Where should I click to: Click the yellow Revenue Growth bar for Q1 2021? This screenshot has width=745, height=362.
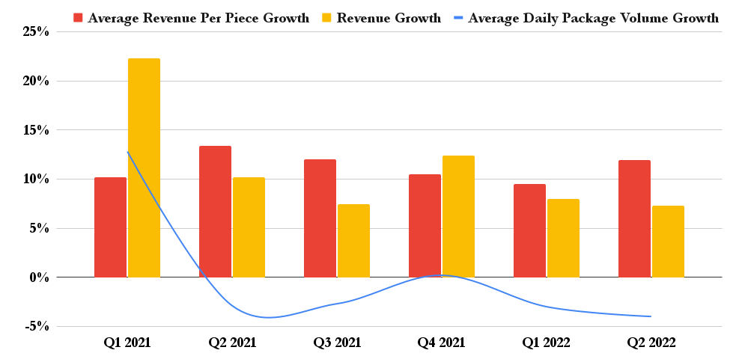point(144,168)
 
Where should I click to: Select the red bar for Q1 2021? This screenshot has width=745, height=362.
point(110,227)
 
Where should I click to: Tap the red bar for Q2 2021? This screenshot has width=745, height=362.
point(215,212)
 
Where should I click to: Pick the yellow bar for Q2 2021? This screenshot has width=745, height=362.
point(249,227)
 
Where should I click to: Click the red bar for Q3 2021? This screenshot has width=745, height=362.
point(320,218)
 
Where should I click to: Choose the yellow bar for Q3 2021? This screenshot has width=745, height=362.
point(353,241)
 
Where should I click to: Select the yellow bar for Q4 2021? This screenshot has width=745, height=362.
point(458,216)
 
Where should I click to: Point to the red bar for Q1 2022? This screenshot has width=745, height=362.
point(529,230)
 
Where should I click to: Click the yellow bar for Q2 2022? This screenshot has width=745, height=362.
point(668,242)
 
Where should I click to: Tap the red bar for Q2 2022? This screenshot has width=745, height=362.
point(634,218)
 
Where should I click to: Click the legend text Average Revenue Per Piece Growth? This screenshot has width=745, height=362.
point(198,18)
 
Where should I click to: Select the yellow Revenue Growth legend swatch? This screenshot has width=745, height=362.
point(326,18)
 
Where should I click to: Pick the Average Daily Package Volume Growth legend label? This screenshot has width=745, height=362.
point(593,18)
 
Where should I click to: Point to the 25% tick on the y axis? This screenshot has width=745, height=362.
point(35,31)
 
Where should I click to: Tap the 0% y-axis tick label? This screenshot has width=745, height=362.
point(38,277)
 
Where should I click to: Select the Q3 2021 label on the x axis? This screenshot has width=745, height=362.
point(337,343)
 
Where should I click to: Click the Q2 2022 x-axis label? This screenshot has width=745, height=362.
point(651,343)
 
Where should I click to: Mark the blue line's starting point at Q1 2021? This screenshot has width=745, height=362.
point(127,152)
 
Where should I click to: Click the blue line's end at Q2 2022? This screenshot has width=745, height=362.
point(651,316)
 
